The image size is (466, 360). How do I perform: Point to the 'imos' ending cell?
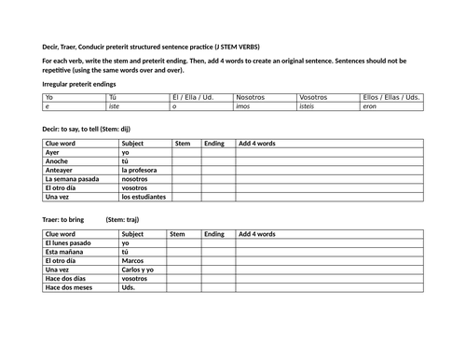click(242, 106)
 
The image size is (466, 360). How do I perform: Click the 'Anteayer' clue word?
click(60, 170)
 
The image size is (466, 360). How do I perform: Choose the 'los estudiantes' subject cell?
click(144, 197)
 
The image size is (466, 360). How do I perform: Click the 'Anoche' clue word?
click(57, 160)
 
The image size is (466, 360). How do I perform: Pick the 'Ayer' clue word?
click(53, 152)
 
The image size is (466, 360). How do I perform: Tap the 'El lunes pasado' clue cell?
click(69, 242)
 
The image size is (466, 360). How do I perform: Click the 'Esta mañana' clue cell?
click(65, 252)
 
